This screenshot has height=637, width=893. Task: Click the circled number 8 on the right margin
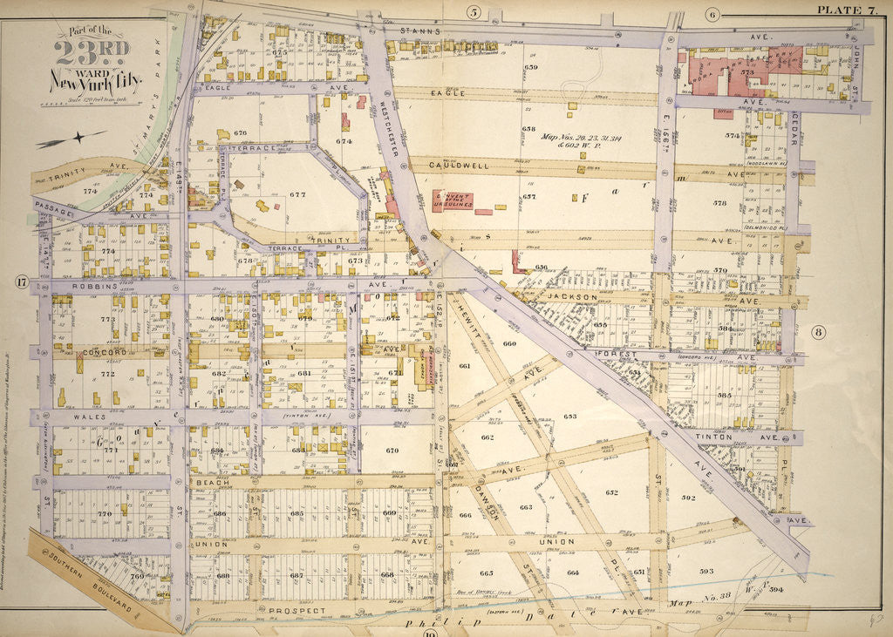[818, 331]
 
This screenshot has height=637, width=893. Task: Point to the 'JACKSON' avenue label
[573, 297]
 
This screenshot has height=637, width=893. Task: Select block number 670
[392, 451]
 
